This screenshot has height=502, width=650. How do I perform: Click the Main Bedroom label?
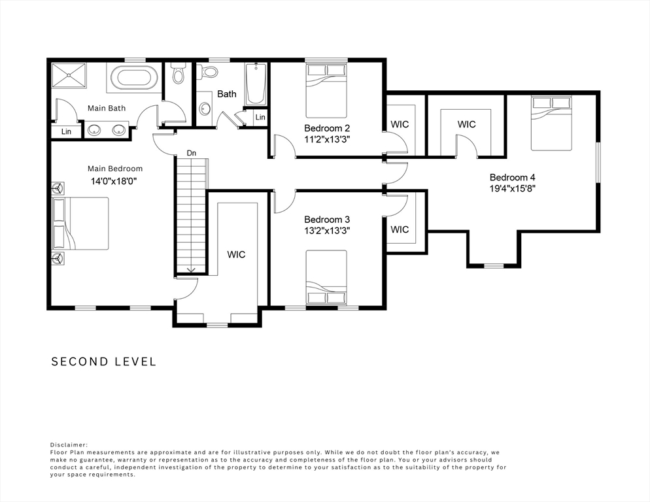click(x=115, y=169)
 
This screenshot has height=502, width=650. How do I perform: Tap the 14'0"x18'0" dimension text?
click(x=114, y=181)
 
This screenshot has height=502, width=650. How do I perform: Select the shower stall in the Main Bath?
click(x=69, y=75)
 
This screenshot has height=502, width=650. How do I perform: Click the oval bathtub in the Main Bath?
click(x=132, y=78)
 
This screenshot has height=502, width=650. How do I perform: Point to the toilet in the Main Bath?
click(x=179, y=73)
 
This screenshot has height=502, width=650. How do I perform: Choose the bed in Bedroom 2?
click(x=326, y=90)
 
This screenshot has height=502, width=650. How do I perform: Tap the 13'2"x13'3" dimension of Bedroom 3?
click(x=327, y=231)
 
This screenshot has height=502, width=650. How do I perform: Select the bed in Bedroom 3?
click(x=326, y=278)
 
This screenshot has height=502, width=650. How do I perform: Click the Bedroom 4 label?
click(x=513, y=177)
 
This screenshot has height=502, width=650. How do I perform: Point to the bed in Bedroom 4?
click(x=551, y=124)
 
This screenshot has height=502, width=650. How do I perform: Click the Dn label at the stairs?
click(x=191, y=153)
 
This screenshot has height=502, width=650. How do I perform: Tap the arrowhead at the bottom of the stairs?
click(x=191, y=270)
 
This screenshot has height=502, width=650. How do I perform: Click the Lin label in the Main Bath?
click(x=66, y=131)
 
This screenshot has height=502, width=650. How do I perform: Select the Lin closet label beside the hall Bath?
click(x=260, y=117)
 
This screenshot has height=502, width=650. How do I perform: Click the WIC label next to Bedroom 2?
click(x=400, y=124)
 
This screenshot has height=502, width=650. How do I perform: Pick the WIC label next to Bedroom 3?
click(x=400, y=229)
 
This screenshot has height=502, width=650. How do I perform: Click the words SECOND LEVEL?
click(x=103, y=361)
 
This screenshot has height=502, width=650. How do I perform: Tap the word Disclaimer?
click(x=69, y=444)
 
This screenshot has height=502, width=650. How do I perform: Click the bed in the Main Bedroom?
click(x=81, y=224)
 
